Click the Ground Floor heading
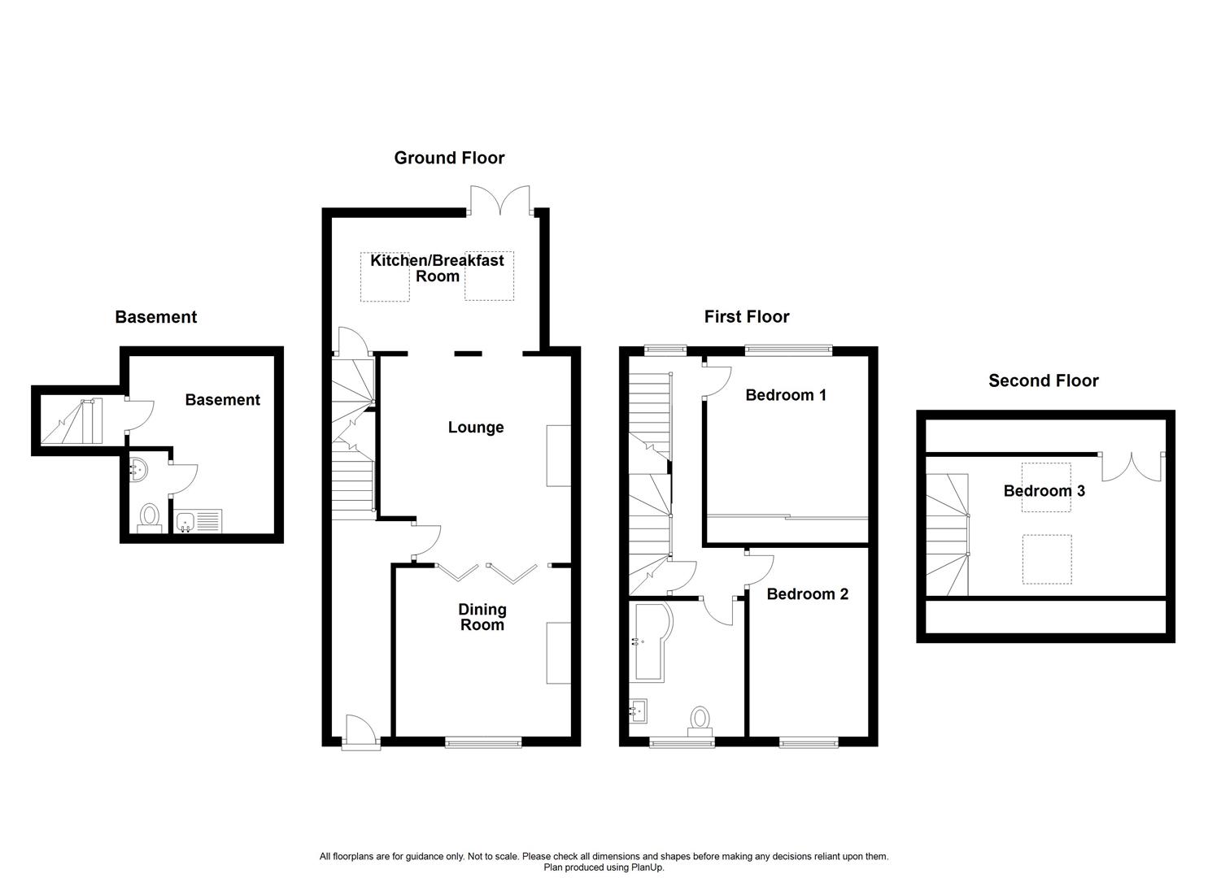(x=449, y=158)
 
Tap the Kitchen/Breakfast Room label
(x=437, y=268)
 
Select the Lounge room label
(x=476, y=428)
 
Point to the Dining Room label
(x=482, y=617)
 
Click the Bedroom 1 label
(x=786, y=395)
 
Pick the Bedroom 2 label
(x=807, y=594)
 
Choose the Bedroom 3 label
(x=1044, y=491)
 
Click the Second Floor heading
(x=1043, y=380)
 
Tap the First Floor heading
(x=746, y=317)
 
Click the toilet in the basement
(x=149, y=517)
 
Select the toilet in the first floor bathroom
(x=700, y=720)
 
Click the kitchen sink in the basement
(x=198, y=521)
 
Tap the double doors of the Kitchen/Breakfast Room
(x=501, y=200)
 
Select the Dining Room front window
(x=483, y=741)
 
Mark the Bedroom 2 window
(x=808, y=741)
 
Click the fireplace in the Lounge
(x=558, y=455)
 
